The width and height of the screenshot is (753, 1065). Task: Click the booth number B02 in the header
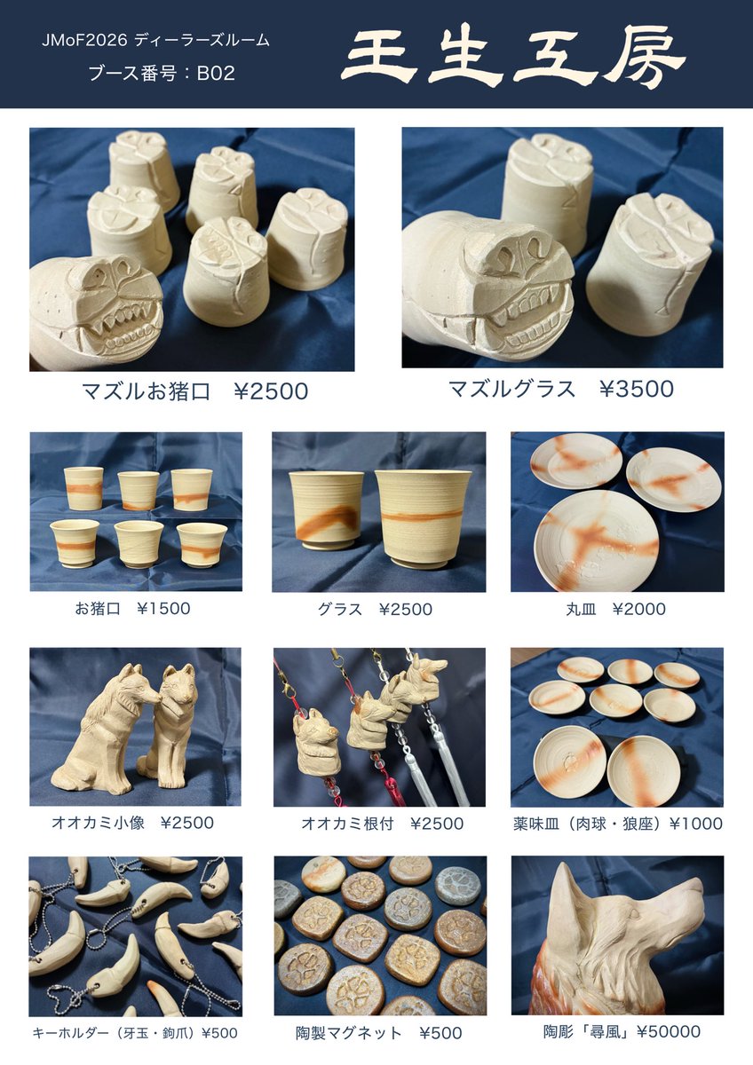coord(216,73)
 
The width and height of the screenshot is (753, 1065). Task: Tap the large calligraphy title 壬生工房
coord(513,59)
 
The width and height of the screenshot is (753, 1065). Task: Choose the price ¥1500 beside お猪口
coord(163,608)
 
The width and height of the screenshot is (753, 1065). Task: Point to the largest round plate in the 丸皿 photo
coord(596,540)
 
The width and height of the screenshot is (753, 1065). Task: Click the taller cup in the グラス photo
coord(422,517)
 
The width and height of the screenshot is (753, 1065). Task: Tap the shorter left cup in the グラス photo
coord(326,509)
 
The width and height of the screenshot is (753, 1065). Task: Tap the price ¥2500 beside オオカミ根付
coord(436,823)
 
